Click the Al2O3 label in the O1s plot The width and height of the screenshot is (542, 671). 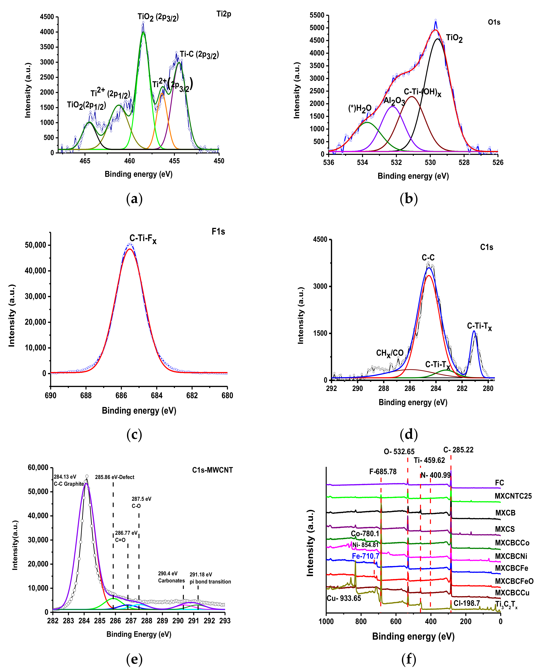coord(394,101)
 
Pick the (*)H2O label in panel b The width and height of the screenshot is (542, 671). coord(360,108)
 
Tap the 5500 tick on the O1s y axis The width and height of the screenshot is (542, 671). coord(317,15)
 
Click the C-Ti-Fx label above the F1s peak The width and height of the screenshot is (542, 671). coord(143,239)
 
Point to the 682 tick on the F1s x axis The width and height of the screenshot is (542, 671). coord(192,396)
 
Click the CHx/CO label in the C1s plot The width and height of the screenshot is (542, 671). coord(390,353)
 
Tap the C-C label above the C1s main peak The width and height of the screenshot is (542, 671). coord(428,258)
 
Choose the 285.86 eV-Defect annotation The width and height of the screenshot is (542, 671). coord(115,477)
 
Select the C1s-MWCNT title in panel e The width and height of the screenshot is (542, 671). coord(212,470)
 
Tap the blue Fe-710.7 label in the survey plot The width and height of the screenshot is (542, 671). coord(365,556)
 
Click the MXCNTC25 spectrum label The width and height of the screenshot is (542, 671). coord(513,496)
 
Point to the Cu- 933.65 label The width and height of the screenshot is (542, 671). coord(344,598)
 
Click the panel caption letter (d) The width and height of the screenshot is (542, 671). coord(408,434)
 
